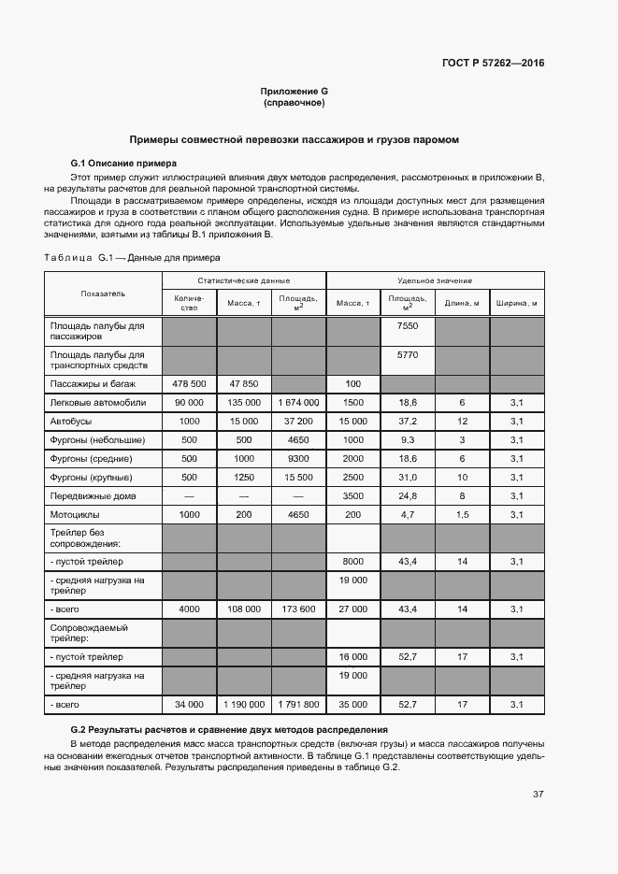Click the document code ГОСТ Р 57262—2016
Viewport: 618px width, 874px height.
coord(493,64)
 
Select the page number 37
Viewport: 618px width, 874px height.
coord(538,795)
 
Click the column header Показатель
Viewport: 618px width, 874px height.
coord(103,294)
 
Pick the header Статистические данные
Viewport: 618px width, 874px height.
coord(243,280)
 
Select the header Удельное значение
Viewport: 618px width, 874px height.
coord(435,280)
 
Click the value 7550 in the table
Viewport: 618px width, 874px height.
coord(408,325)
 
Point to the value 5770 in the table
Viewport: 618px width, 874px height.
coord(408,355)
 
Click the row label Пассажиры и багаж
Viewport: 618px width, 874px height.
coord(93,384)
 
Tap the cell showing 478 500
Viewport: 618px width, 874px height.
coord(189,384)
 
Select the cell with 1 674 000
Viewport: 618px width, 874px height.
coord(298,402)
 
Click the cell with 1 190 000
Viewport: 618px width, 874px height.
coord(243,704)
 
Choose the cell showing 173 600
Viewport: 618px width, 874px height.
coord(298,609)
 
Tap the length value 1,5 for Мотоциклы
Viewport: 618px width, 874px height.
coord(462,514)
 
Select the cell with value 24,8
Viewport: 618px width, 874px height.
coord(408,495)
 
